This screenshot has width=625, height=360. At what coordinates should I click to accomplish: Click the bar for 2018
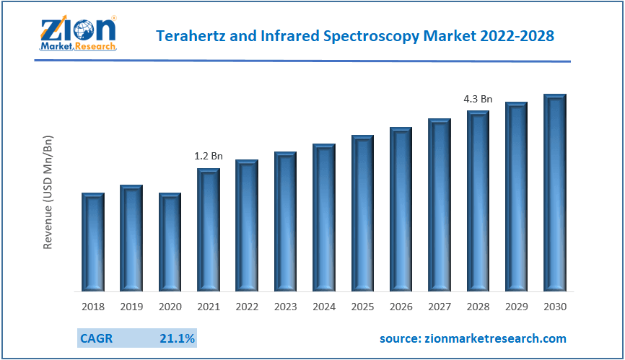(x=93, y=242)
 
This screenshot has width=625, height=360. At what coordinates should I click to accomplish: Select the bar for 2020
(x=170, y=242)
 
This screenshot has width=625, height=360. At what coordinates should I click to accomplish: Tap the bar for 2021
(x=209, y=230)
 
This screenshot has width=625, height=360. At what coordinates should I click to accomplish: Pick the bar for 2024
(x=324, y=218)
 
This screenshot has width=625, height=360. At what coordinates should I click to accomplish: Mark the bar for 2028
(x=478, y=201)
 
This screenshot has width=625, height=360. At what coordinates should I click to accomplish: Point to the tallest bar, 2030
(x=555, y=193)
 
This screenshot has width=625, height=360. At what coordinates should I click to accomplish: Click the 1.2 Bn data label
(x=209, y=155)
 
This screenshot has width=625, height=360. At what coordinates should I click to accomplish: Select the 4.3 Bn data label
(x=478, y=98)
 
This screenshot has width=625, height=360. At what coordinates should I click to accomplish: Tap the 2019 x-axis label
(x=131, y=307)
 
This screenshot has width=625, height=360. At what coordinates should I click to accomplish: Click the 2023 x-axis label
(x=286, y=307)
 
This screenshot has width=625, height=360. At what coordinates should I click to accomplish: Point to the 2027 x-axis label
(x=440, y=307)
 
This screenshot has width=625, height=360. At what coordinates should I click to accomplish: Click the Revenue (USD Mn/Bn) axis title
(x=48, y=192)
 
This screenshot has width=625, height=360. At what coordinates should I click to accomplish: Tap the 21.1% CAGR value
(x=177, y=338)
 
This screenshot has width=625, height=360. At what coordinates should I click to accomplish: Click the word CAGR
(x=96, y=338)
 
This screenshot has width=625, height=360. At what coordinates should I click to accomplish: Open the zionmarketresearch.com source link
(x=473, y=338)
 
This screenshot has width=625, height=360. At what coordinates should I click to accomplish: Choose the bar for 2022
(x=247, y=226)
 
